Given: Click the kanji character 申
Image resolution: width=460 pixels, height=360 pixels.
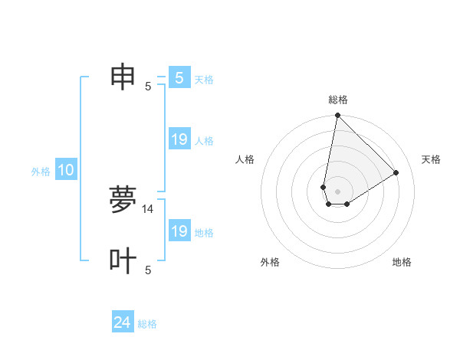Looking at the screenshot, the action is click(x=123, y=77).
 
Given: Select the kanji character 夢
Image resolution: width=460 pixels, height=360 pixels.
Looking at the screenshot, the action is click(x=123, y=200).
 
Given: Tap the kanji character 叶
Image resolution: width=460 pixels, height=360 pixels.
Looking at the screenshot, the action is click(x=123, y=261).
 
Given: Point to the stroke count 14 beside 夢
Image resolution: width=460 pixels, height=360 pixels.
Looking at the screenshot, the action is click(x=148, y=208).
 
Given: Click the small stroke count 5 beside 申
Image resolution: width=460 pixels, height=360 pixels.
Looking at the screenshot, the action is click(x=148, y=86).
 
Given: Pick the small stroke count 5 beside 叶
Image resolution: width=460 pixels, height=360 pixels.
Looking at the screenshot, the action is click(x=148, y=270).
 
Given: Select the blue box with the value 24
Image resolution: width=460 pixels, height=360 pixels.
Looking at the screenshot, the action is click(x=123, y=322).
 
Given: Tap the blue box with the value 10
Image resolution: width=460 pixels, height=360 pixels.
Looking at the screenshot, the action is click(x=66, y=171).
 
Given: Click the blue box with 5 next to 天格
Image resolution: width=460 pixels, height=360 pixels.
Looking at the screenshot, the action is click(x=179, y=77).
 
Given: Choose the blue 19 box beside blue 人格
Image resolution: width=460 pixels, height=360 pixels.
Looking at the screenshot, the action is click(x=179, y=139).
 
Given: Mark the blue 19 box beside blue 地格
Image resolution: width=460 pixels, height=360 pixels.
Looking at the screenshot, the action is click(x=179, y=231).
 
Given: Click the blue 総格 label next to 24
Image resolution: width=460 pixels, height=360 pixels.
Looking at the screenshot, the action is click(x=147, y=324).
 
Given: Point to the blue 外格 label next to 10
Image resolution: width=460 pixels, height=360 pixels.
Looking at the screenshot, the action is click(x=41, y=172).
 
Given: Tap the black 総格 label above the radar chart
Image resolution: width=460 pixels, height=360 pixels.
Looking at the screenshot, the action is click(x=338, y=100).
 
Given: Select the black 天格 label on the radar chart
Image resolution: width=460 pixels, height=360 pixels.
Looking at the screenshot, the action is click(x=431, y=159).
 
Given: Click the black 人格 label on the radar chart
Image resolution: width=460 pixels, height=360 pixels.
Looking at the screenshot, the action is click(x=245, y=159).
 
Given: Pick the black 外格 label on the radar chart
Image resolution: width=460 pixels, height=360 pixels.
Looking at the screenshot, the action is click(x=270, y=262).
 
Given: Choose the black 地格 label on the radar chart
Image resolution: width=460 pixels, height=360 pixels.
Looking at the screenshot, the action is click(x=402, y=262).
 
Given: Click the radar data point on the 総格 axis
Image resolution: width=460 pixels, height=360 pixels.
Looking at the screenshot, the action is click(x=337, y=116).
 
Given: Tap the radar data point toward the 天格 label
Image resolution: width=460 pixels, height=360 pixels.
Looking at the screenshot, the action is click(x=396, y=172).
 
